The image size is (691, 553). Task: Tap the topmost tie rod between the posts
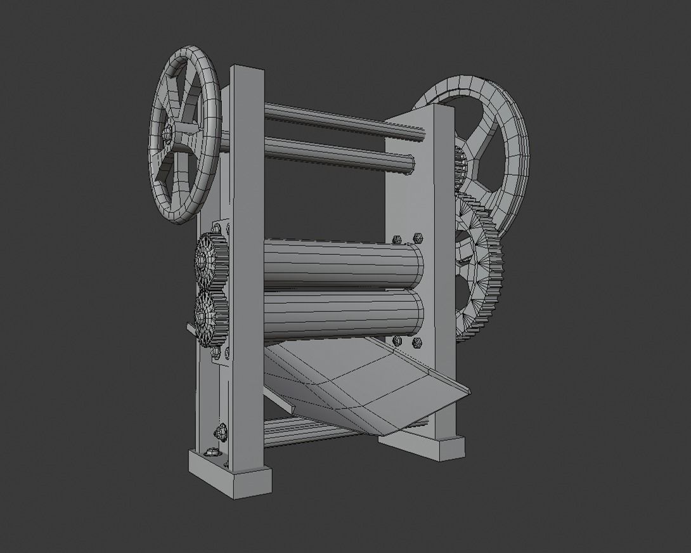point(342,120)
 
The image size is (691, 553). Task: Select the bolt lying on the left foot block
point(211,453)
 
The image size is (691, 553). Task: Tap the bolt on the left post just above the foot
point(221,433)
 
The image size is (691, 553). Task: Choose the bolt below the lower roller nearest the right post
point(417,343)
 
